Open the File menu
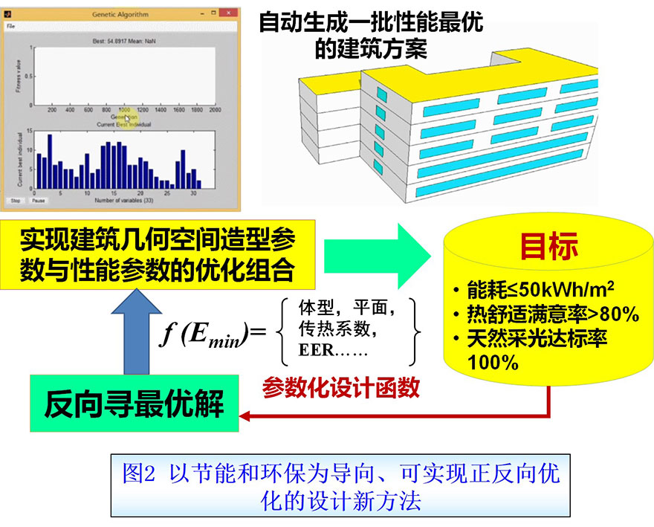pyautogui.click(x=10, y=26)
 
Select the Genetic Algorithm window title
pyautogui.click(x=120, y=13)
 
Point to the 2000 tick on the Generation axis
pyautogui.click(x=215, y=110)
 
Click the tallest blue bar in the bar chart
pyautogui.click(x=50, y=161)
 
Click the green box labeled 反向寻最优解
pyautogui.click(x=134, y=404)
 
